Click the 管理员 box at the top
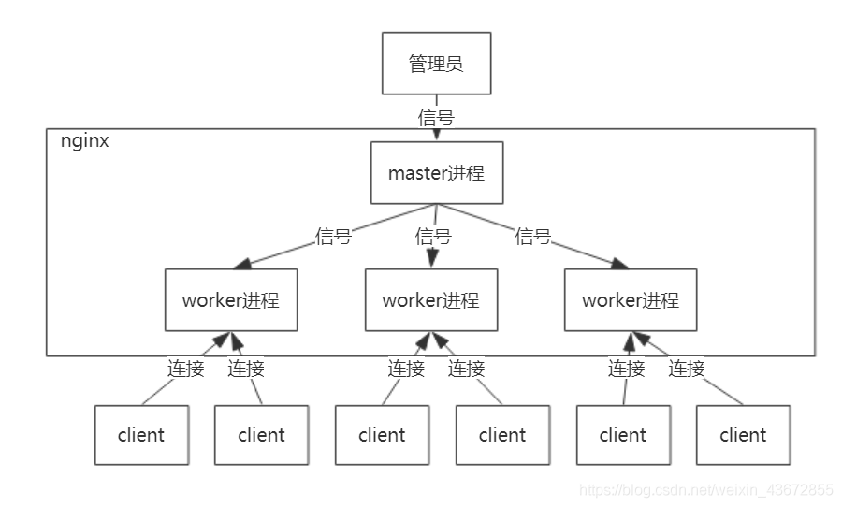click(436, 64)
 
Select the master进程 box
click(436, 173)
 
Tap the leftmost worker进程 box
click(230, 300)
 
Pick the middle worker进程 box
click(430, 300)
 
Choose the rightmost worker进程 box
click(630, 300)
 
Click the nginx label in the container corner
click(84, 142)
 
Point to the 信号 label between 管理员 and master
click(436, 118)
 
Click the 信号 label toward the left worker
click(334, 237)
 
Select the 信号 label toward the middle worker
click(433, 237)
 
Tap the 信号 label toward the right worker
click(532, 237)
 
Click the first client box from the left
click(141, 435)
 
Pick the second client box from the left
click(261, 435)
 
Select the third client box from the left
click(382, 435)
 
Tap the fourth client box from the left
click(502, 435)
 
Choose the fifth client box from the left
click(623, 435)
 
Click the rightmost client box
click(743, 435)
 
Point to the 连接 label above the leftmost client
click(186, 369)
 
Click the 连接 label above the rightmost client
click(687, 369)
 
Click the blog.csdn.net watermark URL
click(705, 490)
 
